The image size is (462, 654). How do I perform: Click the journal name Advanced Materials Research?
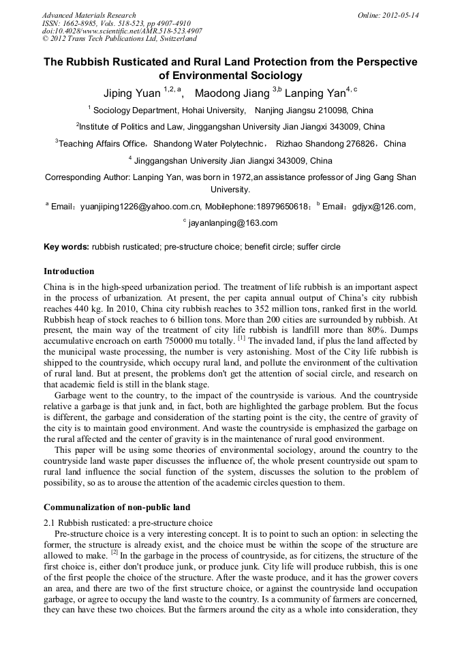click(x=89, y=15)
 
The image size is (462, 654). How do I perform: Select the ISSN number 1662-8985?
click(x=81, y=23)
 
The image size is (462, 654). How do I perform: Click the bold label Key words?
click(x=66, y=246)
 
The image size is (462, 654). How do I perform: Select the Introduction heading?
click(x=69, y=271)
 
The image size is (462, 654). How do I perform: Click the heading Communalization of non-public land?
click(x=117, y=507)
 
